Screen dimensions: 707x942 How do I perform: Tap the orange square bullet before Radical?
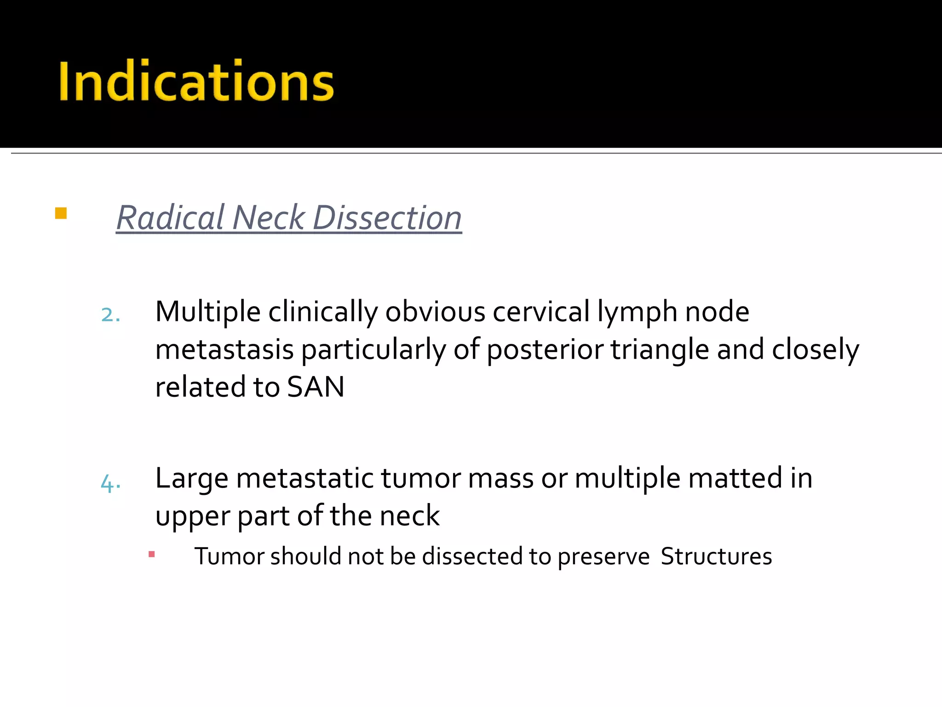(x=61, y=214)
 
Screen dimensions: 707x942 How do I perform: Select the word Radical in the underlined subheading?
(x=170, y=218)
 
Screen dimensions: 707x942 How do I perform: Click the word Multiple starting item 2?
(x=208, y=312)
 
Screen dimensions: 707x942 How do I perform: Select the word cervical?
(x=541, y=312)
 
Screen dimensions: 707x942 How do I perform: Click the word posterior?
(x=545, y=350)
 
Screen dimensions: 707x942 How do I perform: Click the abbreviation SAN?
(x=316, y=387)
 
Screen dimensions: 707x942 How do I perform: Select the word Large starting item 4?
(x=191, y=479)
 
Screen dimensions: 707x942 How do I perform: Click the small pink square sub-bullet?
(x=152, y=555)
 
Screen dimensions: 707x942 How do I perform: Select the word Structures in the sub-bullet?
(x=716, y=556)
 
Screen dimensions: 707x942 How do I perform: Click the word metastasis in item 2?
(x=224, y=350)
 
